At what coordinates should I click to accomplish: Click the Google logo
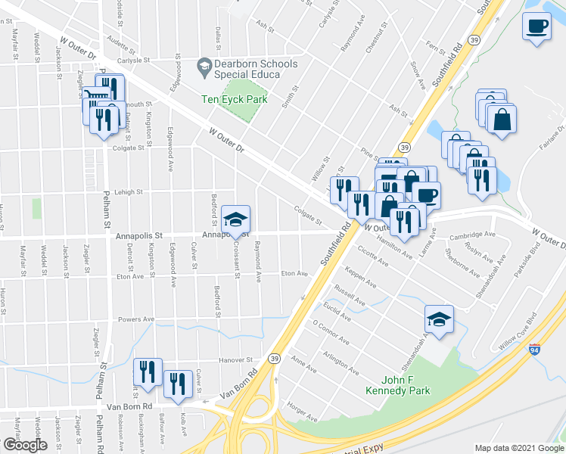24,446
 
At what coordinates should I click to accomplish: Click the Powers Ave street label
137,319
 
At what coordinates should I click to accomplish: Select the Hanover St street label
235,360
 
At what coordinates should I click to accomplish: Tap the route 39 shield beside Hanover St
274,359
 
